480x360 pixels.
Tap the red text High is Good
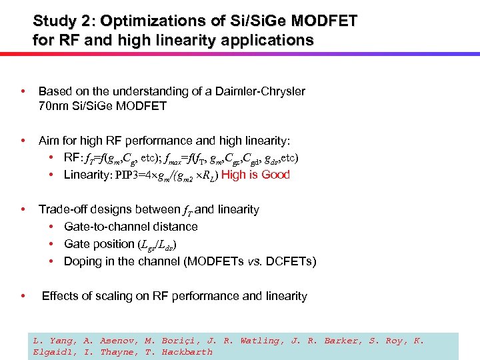click(x=255, y=175)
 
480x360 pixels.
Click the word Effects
click(x=60, y=296)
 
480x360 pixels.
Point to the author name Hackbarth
click(x=187, y=351)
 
